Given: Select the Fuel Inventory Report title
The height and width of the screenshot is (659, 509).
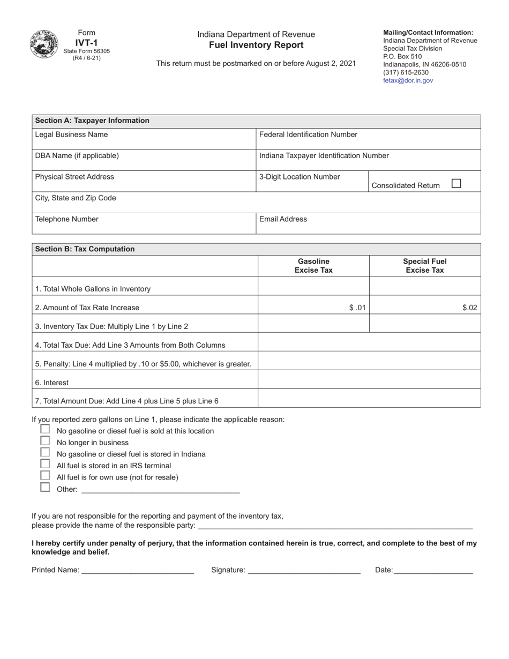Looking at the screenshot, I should [256, 45].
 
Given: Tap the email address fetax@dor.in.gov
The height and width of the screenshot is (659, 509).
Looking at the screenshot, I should [408, 80].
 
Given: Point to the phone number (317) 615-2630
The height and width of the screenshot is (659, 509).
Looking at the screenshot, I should [406, 72].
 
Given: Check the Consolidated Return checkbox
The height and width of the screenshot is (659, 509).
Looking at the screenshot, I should [456, 183].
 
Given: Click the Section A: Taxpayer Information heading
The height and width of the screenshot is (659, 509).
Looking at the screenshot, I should [92, 121].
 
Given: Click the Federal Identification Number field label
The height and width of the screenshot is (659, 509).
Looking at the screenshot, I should [308, 134].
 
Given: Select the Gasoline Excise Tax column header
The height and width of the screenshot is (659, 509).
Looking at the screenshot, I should [313, 266].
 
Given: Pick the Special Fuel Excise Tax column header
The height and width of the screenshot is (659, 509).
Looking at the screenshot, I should [425, 266].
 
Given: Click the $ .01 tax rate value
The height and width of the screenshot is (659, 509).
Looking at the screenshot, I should [357, 308].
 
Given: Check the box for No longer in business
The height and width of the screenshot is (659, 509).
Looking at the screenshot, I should [45, 441].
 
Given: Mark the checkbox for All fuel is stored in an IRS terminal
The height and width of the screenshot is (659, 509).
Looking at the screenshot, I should [45, 464].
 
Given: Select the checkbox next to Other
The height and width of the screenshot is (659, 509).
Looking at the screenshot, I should [45, 488].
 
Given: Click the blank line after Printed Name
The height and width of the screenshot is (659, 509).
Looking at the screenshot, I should [137, 570].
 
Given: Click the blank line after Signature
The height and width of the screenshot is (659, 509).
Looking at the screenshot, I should [304, 570].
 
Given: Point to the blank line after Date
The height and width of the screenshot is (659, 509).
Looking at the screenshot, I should [433, 570].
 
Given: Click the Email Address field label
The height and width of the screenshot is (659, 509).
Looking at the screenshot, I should [283, 219].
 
